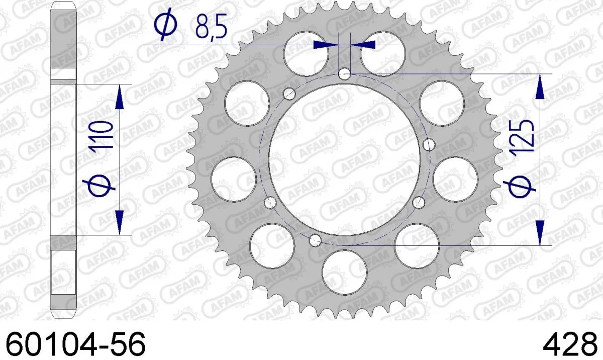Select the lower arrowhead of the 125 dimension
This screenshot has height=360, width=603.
(x=540, y=232)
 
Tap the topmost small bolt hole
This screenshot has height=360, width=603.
(x=345, y=74)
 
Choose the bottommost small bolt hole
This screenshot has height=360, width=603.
(x=316, y=239)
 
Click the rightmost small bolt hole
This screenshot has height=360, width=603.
(x=429, y=145)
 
